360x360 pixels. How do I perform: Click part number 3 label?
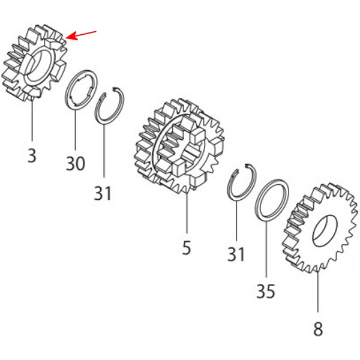click(x=32, y=155)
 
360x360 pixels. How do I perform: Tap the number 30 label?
click(x=76, y=163)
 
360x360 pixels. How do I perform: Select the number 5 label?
click(x=187, y=247)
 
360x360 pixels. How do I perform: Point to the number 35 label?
click(x=266, y=291)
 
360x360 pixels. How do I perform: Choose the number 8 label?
click(x=318, y=329)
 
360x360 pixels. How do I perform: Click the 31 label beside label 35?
click(x=236, y=254)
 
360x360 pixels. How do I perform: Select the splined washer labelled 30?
click(x=67, y=97)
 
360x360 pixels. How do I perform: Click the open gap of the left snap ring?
click(x=109, y=90)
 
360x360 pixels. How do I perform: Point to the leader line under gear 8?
click(x=318, y=292)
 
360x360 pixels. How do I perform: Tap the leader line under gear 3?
click(x=32, y=119)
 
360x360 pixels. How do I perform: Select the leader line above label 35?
click(x=266, y=248)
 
